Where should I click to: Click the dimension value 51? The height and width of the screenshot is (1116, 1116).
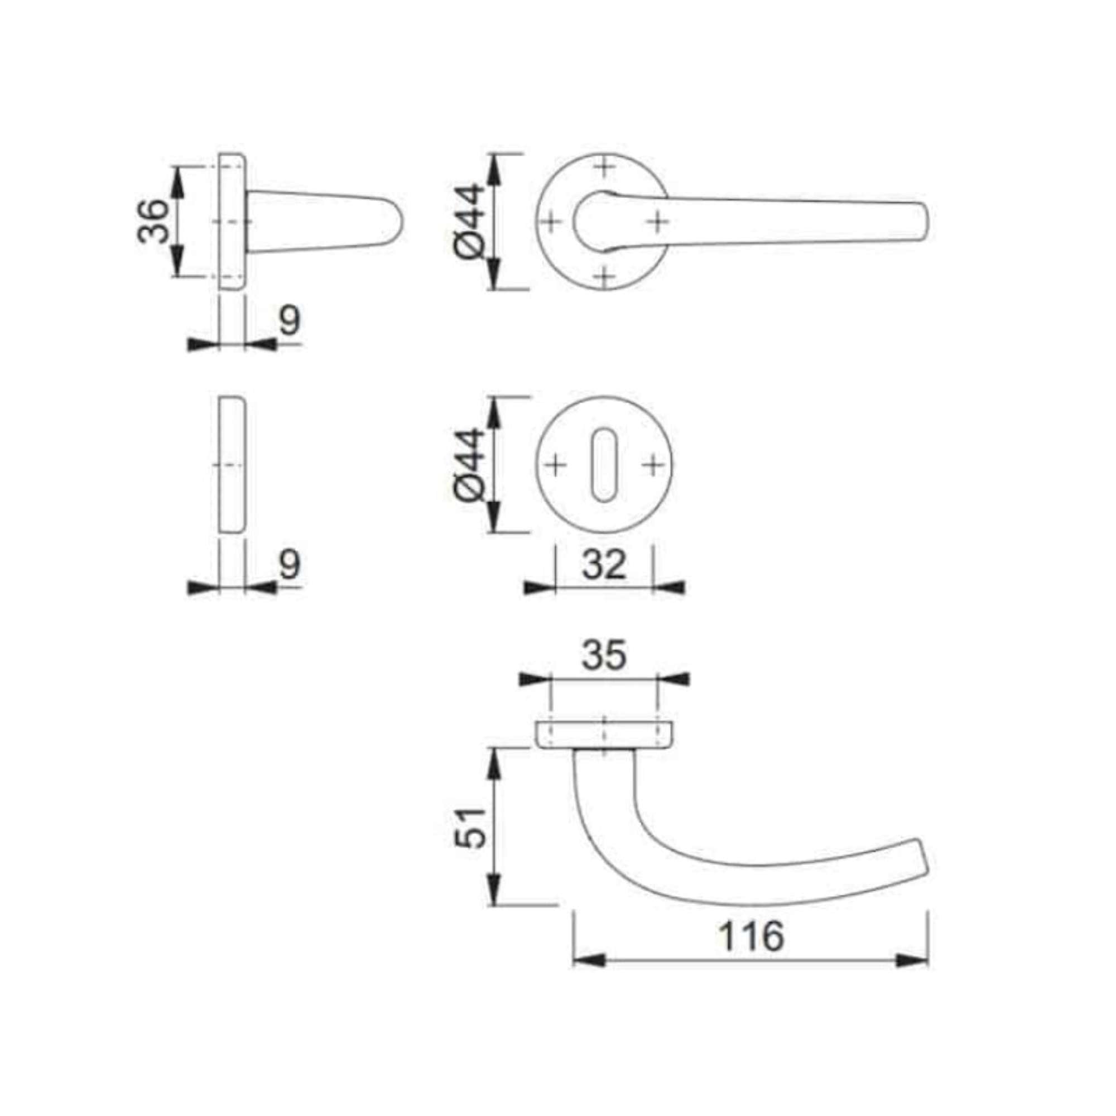tap(469, 827)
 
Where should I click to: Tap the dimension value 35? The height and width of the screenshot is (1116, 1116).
tap(604, 655)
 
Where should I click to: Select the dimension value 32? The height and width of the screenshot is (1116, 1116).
tap(604, 564)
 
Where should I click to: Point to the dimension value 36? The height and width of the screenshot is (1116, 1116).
tap(153, 221)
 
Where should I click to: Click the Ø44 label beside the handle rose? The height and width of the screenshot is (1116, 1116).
tap(469, 221)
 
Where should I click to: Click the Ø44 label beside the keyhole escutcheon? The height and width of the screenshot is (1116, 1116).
tap(469, 465)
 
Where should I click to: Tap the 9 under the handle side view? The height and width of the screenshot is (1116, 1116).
tap(290, 321)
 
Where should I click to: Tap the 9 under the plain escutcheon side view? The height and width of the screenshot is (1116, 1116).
tap(290, 564)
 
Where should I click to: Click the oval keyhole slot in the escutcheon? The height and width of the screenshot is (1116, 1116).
tap(604, 465)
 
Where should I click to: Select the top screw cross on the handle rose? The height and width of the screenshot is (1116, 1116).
tap(604, 168)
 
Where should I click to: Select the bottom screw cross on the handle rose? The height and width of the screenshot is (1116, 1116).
tap(604, 277)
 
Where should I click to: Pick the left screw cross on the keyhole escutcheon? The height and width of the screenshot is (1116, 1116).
tap(555, 465)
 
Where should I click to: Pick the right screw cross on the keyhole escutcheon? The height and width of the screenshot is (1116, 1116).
tap(653, 465)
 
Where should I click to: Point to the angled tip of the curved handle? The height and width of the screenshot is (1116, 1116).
tap(923, 870)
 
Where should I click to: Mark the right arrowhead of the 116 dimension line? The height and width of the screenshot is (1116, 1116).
tap(913, 961)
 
